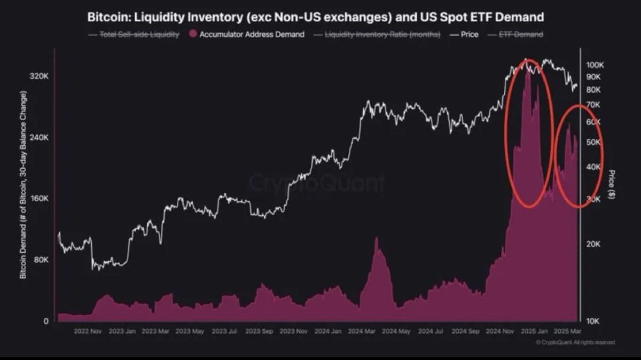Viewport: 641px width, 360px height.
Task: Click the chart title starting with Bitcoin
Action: pos(315,17)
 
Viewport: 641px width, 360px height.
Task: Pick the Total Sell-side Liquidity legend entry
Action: pos(136,34)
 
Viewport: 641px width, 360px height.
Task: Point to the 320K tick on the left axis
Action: pos(39,76)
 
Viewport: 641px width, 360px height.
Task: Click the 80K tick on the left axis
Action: pos(41,260)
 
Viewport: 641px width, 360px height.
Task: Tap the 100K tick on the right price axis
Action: pos(595,65)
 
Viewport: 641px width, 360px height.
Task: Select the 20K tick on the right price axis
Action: pos(594,244)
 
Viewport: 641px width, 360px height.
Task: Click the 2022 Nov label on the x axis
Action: pos(88,331)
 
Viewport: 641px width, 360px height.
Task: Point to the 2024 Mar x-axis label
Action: pos(362,331)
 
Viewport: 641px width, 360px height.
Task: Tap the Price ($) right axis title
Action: pos(612,184)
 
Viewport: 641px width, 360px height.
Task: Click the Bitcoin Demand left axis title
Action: pos(23,184)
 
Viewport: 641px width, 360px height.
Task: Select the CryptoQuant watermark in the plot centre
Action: pos(316,183)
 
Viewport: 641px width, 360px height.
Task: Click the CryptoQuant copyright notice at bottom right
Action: pos(574,342)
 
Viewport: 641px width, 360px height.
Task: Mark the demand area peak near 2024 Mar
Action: pos(376,238)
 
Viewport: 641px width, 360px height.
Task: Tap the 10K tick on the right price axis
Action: pos(594,321)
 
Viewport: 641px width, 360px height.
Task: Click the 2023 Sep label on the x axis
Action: pos(259,331)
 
